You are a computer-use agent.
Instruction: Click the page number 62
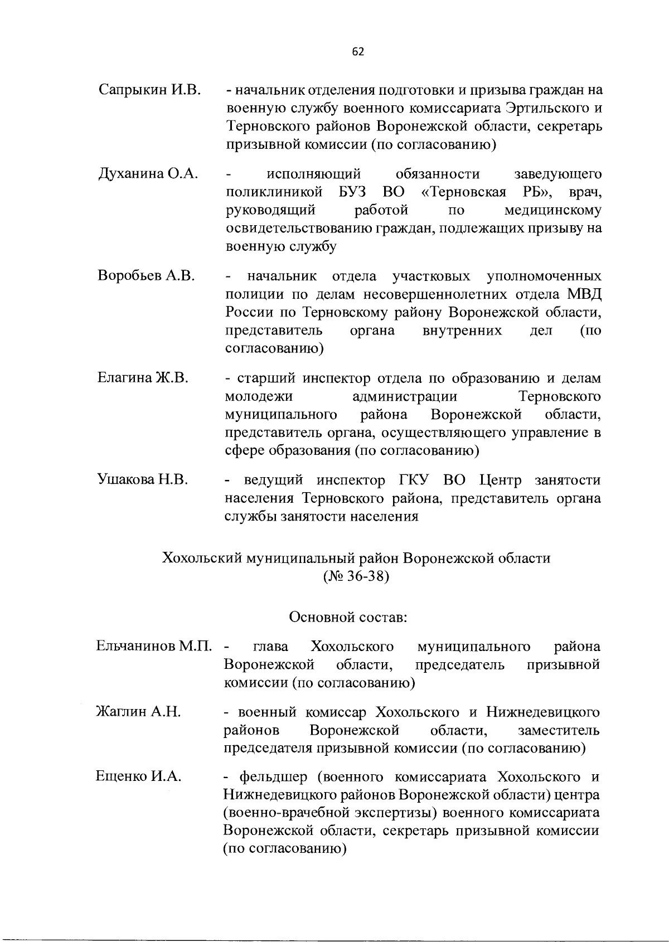tap(358, 51)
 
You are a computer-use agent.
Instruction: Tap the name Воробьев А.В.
tap(146, 276)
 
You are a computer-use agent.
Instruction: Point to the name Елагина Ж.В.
tap(143, 378)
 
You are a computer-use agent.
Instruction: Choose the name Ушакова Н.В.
tap(142, 480)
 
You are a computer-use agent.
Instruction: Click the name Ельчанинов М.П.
tap(154, 647)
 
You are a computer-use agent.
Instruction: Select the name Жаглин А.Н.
tap(138, 712)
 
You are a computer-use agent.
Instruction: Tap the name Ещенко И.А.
tap(138, 776)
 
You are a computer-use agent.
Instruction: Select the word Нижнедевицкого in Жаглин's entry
tap(543, 712)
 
